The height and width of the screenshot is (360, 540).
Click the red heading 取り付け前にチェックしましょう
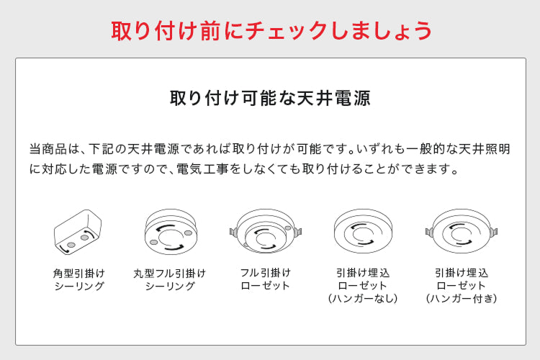271,31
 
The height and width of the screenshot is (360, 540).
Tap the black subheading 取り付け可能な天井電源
270,98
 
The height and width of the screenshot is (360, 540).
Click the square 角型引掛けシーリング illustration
78,232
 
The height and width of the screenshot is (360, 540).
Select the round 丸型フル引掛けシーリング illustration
171,232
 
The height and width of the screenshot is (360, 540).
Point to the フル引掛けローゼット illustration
266,231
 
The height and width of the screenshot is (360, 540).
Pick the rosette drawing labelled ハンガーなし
363,231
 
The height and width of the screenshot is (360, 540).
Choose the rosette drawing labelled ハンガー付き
462,231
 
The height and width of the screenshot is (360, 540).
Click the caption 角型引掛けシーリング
79,279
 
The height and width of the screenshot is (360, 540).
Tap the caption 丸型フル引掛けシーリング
170,279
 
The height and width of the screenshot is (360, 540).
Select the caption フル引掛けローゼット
266,279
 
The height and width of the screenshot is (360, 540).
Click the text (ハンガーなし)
363,298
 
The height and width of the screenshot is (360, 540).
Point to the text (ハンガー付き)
462,298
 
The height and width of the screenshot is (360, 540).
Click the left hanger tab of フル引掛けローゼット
233,232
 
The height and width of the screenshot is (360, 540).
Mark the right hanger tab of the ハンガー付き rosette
494,232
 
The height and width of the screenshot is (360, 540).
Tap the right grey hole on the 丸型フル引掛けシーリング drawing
188,233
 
